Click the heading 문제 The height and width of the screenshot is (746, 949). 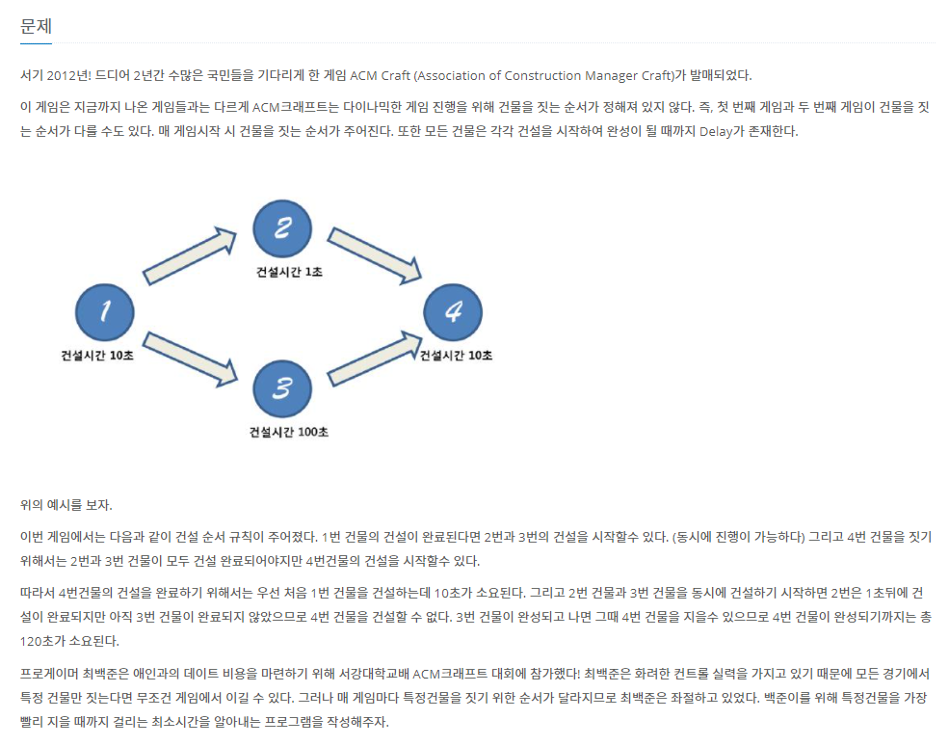[x=36, y=26]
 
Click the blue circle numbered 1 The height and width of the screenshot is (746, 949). [x=104, y=311]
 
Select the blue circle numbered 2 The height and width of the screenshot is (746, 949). [x=281, y=228]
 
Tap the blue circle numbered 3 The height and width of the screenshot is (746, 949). [x=281, y=388]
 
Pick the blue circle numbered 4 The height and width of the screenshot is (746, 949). [x=453, y=311]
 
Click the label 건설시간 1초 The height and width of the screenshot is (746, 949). [x=289, y=272]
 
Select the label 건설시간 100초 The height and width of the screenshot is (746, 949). [x=289, y=432]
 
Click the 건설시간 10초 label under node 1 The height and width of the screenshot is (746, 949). [x=97, y=355]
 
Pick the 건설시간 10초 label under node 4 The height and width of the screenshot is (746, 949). [x=456, y=355]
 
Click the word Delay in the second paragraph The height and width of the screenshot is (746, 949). [x=716, y=131]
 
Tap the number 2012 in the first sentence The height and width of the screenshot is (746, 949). [x=61, y=75]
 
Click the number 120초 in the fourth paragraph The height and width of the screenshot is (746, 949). [x=37, y=641]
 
